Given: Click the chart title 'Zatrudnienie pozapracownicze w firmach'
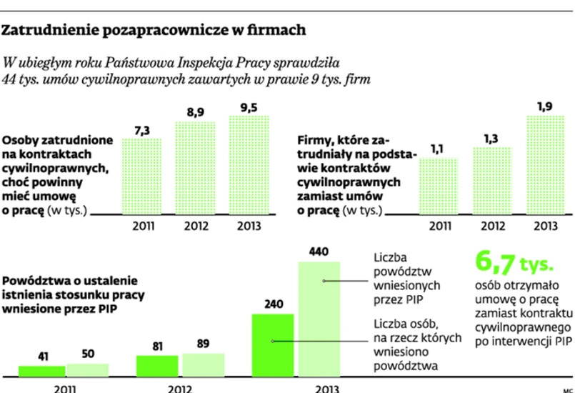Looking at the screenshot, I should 155,31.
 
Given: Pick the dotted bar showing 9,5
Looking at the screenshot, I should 249,165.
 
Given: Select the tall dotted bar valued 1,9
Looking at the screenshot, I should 544,165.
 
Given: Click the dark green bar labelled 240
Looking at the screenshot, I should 272,344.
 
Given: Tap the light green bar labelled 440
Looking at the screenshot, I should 323,319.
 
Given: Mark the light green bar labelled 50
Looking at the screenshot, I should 89,369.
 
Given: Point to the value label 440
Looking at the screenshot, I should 319,252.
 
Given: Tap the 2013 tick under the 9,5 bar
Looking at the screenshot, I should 249,227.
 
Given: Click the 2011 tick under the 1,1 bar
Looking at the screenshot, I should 438,227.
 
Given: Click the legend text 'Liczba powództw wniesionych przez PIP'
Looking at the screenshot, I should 405,275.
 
